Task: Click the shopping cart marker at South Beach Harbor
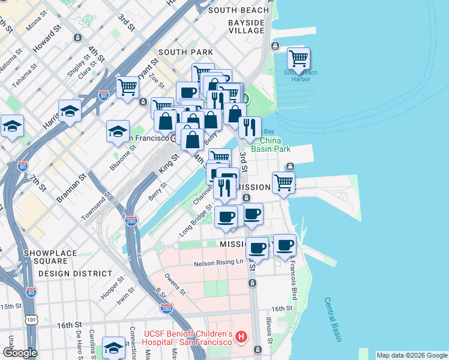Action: click(298, 59)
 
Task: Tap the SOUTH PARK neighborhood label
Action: click(185, 52)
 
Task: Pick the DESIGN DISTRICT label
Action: click(68, 273)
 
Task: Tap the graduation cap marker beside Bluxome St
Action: click(118, 131)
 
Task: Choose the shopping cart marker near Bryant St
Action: click(127, 87)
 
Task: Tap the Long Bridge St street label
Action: click(196, 221)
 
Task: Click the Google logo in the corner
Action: click(20, 353)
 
